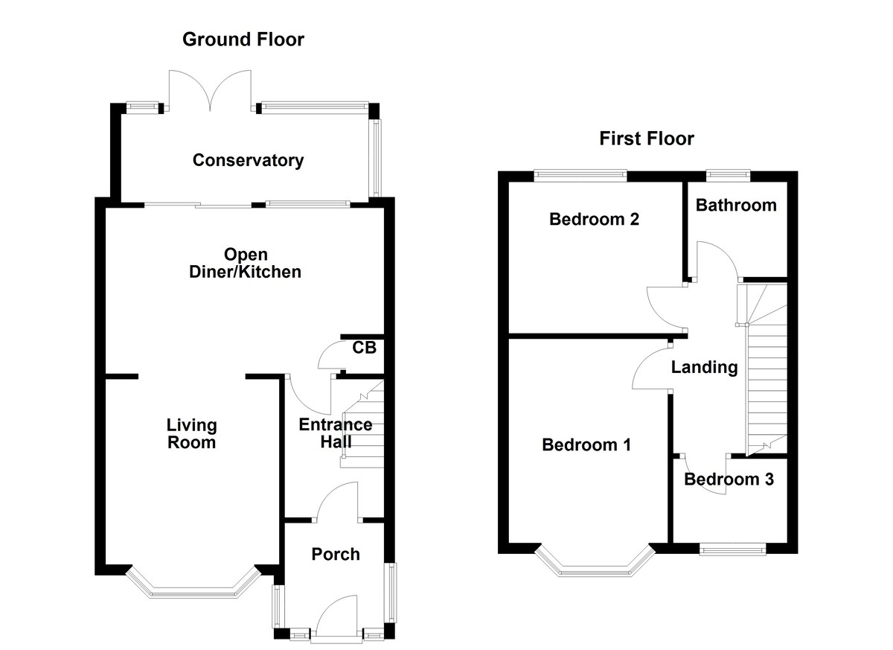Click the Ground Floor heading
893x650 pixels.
[243, 39]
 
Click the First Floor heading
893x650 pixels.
[647, 138]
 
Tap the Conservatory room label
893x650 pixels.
[248, 160]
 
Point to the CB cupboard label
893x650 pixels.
[364, 347]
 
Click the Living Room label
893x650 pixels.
[191, 433]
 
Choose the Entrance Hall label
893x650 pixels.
[335, 433]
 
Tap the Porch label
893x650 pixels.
[336, 554]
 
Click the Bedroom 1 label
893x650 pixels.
[586, 445]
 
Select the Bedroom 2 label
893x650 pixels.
[594, 220]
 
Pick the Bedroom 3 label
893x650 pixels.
[729, 479]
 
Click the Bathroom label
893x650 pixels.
[735, 205]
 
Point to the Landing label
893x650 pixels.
[704, 367]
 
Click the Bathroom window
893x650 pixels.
[728, 175]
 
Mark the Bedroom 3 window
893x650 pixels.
[733, 549]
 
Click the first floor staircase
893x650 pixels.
[765, 372]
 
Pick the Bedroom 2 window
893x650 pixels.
[580, 175]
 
